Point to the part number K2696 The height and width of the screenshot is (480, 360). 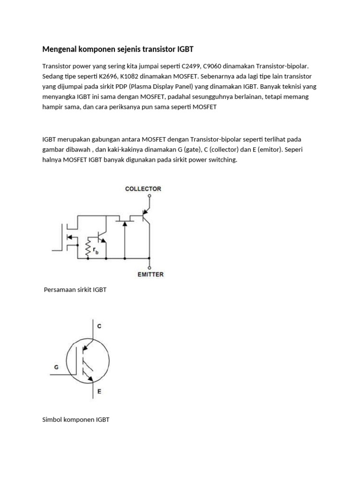click(104, 76)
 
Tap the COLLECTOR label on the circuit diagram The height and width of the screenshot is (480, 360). click(143, 189)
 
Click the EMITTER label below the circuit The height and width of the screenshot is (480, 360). click(150, 274)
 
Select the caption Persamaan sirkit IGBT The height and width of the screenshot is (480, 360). click(75, 290)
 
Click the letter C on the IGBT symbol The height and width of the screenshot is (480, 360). click(99, 326)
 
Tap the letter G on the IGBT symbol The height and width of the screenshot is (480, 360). click(56, 367)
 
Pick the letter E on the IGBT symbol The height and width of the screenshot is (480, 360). click(99, 390)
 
